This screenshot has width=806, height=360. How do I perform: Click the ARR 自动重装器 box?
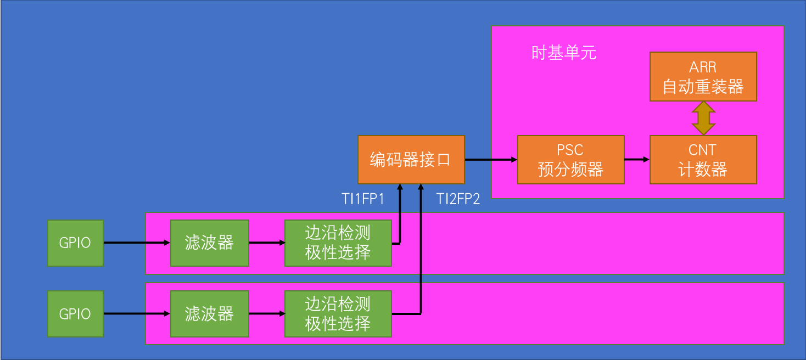tap(703, 77)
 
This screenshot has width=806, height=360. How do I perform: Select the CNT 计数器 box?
tap(703, 160)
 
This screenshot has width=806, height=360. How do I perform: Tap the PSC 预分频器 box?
tap(570, 160)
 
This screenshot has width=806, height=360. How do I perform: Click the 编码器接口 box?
tap(411, 160)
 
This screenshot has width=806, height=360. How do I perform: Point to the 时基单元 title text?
tap(564, 53)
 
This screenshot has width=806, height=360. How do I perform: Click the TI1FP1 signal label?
tap(363, 199)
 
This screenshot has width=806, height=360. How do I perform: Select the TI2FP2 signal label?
tap(458, 199)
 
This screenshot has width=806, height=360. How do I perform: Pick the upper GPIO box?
tap(75, 243)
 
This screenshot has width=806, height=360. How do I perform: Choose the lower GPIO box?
tap(75, 314)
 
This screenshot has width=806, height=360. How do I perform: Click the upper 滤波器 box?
tap(209, 243)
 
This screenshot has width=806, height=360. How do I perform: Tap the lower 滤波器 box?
tap(209, 314)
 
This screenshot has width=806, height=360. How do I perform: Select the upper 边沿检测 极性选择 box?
tap(338, 243)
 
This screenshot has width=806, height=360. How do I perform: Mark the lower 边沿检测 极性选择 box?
tap(338, 314)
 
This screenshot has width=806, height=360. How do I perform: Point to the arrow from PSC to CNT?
tap(637, 160)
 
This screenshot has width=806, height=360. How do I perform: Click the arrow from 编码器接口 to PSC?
tap(491, 160)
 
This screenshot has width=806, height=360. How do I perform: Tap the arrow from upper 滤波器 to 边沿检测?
tap(266, 243)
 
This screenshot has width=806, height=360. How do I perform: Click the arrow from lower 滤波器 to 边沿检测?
tap(266, 314)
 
